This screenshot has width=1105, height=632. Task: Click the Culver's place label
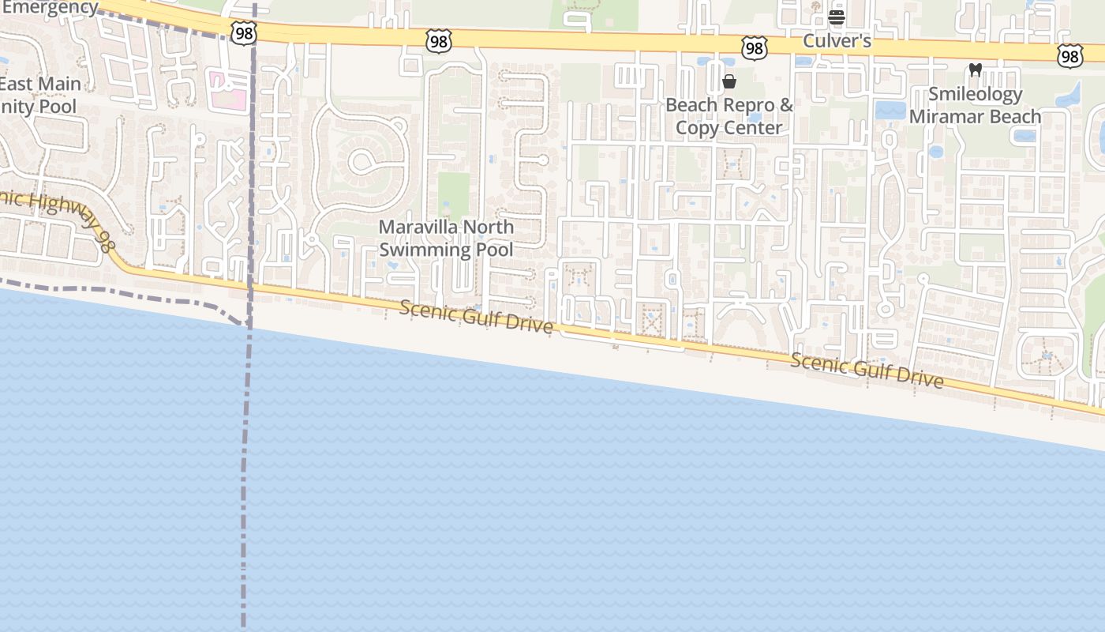tap(837, 40)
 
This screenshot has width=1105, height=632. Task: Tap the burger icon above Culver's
tap(837, 17)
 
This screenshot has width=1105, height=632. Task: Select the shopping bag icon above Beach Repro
tap(729, 81)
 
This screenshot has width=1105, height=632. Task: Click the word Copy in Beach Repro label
tap(699, 127)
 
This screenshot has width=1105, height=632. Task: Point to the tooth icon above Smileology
tap(975, 70)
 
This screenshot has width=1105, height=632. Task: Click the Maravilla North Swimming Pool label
tap(446, 238)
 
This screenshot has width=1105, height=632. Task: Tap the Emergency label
tap(49, 8)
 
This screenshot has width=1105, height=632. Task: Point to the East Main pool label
tap(39, 95)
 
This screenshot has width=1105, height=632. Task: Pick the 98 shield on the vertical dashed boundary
tap(244, 33)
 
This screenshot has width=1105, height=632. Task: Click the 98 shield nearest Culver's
tap(755, 48)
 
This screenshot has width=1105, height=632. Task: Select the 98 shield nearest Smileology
tap(1069, 55)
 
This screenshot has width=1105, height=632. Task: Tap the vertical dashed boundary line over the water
tap(246, 474)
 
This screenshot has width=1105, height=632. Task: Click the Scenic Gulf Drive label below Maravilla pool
tap(475, 316)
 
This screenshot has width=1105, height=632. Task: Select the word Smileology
tap(975, 94)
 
